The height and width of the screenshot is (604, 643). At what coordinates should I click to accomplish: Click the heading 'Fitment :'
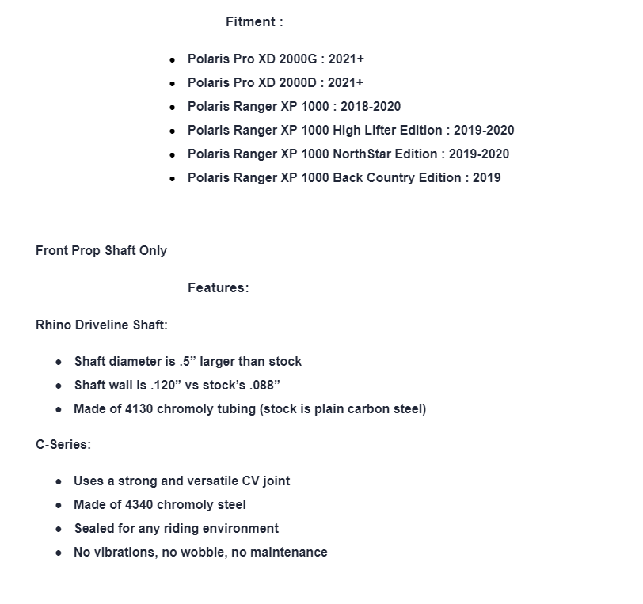tap(254, 22)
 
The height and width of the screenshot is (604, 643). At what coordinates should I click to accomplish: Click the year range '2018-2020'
tap(371, 107)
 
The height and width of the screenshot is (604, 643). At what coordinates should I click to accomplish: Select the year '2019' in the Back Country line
tap(486, 178)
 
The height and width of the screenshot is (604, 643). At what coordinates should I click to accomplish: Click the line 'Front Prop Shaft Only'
tap(101, 251)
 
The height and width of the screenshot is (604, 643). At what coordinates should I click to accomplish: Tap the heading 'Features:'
tap(218, 288)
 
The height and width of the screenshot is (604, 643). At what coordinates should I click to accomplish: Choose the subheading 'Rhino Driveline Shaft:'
tap(101, 325)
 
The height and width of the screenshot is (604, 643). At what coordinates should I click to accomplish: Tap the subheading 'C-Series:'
tap(63, 445)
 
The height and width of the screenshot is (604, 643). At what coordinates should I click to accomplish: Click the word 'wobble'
tap(204, 553)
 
